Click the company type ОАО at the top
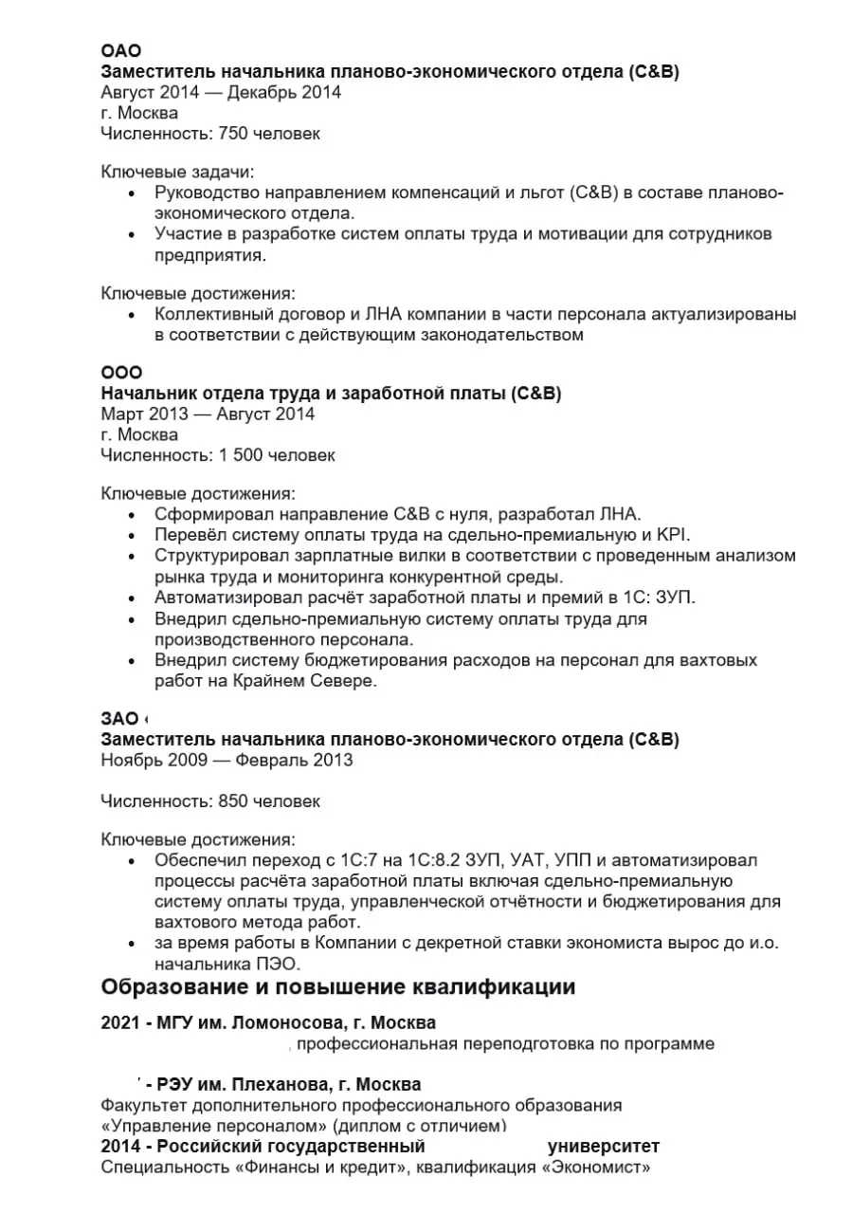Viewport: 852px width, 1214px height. pos(120,51)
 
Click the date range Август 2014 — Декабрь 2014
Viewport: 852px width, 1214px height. pos(221,92)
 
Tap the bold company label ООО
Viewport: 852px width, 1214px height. pos(121,373)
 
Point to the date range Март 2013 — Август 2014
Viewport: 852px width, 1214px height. pos(208,414)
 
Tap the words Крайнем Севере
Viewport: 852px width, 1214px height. pos(328,681)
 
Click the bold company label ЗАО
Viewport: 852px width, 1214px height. pos(119,718)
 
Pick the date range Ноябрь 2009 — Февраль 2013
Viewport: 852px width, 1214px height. pos(227,760)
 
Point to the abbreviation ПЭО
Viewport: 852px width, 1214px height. pos(280,964)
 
